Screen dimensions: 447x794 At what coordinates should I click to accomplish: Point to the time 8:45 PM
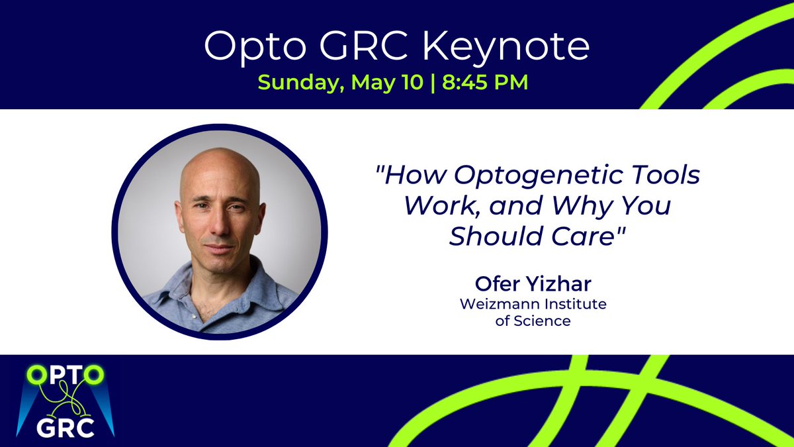486,83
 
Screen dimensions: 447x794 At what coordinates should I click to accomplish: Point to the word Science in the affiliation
545,321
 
